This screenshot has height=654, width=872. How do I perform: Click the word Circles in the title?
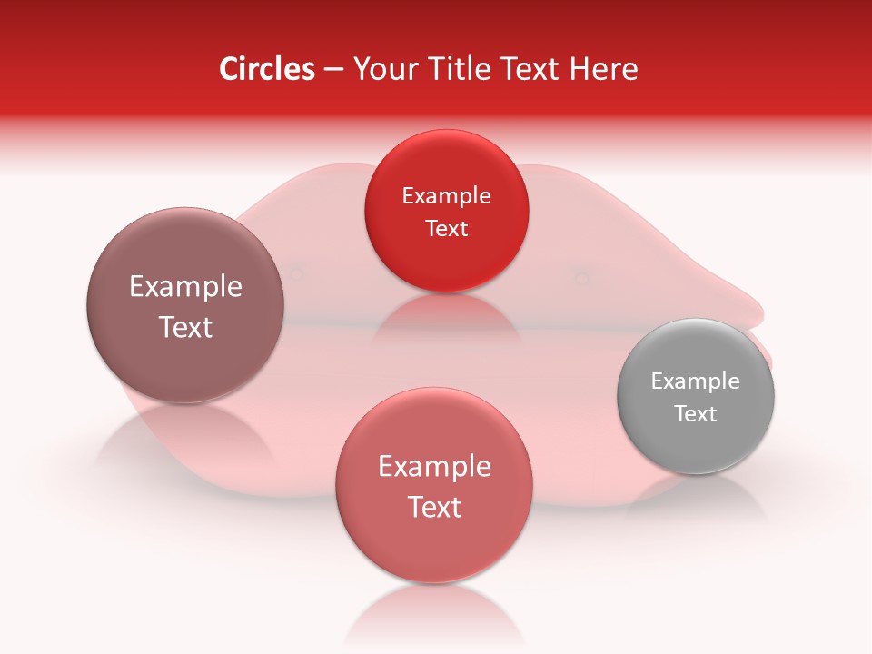(x=266, y=69)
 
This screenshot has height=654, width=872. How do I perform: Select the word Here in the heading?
(x=603, y=69)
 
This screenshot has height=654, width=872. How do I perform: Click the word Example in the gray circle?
(x=696, y=381)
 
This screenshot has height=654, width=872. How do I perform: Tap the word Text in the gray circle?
(x=696, y=414)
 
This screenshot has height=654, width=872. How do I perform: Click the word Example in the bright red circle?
(x=446, y=196)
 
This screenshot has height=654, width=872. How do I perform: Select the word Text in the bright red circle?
(x=446, y=229)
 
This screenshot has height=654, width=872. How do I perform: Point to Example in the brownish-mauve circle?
(x=185, y=287)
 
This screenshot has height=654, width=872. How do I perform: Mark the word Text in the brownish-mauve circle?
(x=185, y=328)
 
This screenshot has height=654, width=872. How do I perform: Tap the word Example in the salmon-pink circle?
(x=434, y=467)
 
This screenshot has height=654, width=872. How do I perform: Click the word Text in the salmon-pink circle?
(x=434, y=508)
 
